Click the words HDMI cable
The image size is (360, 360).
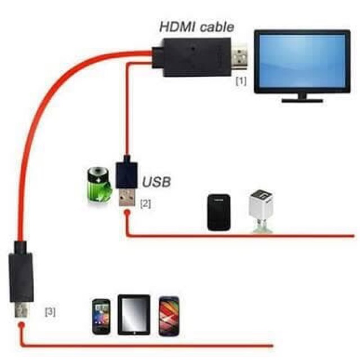(196, 26)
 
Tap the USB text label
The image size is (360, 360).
(156, 182)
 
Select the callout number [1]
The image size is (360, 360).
(241, 80)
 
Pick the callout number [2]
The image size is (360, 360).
(145, 204)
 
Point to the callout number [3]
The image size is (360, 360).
(50, 310)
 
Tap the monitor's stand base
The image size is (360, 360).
(302, 99)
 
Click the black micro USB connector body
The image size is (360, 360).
(21, 276)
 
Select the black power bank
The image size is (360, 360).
(218, 212)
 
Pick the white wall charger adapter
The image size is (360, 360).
(260, 208)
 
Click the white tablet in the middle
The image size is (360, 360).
(134, 315)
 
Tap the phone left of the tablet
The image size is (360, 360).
(101, 317)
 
